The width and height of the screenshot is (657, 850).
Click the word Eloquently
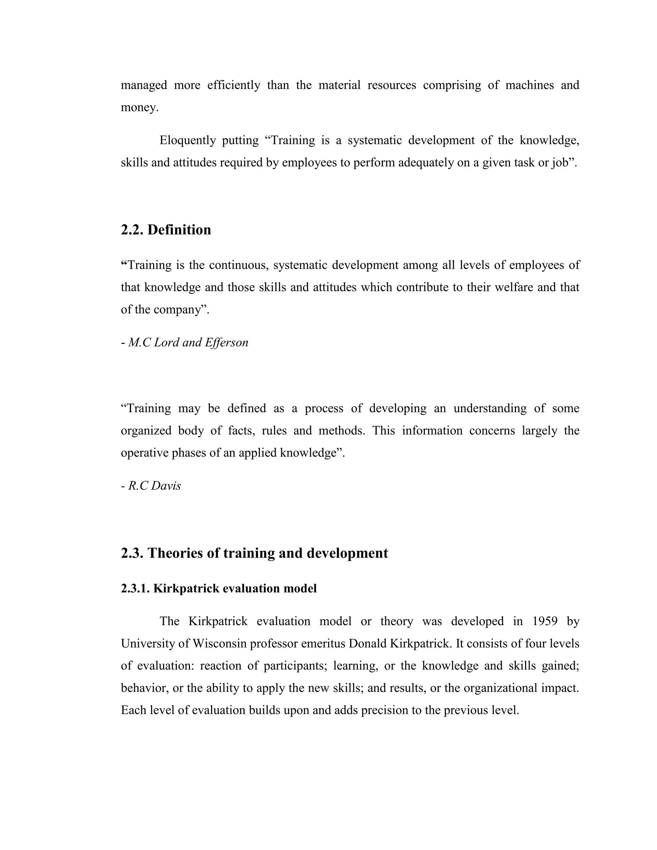pyautogui.click(x=188, y=140)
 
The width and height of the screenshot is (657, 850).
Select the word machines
pyautogui.click(x=529, y=85)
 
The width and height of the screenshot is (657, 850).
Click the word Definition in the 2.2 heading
pyautogui.click(x=179, y=230)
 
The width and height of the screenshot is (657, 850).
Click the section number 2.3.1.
pyautogui.click(x=135, y=589)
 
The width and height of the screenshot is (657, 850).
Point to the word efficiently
pyautogui.click(x=234, y=85)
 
